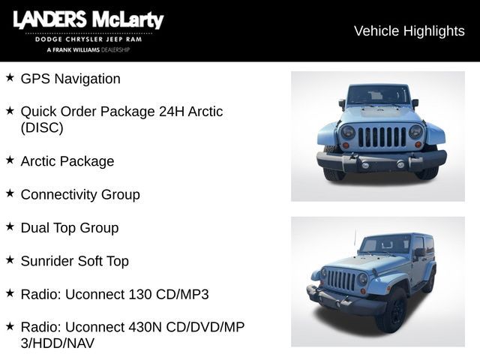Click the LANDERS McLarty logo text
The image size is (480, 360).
click(88, 20)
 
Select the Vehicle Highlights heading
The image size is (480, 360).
click(409, 31)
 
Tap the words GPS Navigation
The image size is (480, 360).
click(70, 79)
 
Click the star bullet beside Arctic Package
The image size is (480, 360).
click(10, 160)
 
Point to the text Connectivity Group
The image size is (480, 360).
click(80, 194)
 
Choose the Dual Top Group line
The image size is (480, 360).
click(70, 227)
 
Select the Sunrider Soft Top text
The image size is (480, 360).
click(75, 261)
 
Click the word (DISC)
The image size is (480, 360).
click(42, 127)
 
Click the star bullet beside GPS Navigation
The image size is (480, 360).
click(10, 77)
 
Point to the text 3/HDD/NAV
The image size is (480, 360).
click(58, 343)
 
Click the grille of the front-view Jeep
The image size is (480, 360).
click(382, 136)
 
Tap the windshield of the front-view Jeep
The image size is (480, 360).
click(378, 95)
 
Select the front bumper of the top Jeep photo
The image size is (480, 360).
click(381, 160)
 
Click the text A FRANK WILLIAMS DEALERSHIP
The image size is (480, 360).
click(88, 49)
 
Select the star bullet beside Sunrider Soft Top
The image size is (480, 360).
click(10, 259)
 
